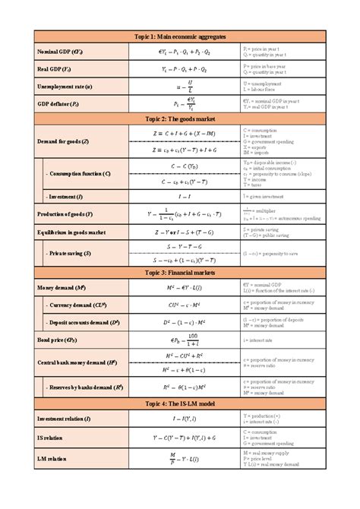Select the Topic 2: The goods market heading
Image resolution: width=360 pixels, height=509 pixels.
pyautogui.click(x=180, y=119)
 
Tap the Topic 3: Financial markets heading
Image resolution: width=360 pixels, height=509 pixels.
pyautogui.click(x=180, y=272)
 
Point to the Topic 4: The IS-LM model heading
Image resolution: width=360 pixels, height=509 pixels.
pyautogui.click(x=180, y=403)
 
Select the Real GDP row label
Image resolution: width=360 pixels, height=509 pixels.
pyautogui.click(x=55, y=69)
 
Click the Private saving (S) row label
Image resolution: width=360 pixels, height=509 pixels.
pyautogui.click(x=73, y=253)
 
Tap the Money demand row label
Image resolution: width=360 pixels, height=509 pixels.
pyautogui.click(x=61, y=289)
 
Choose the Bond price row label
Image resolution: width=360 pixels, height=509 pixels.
pyautogui.click(x=57, y=340)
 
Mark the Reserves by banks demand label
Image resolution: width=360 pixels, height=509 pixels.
pyautogui.click(x=85, y=387)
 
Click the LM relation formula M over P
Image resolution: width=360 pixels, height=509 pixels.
pyautogui.click(x=172, y=459)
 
